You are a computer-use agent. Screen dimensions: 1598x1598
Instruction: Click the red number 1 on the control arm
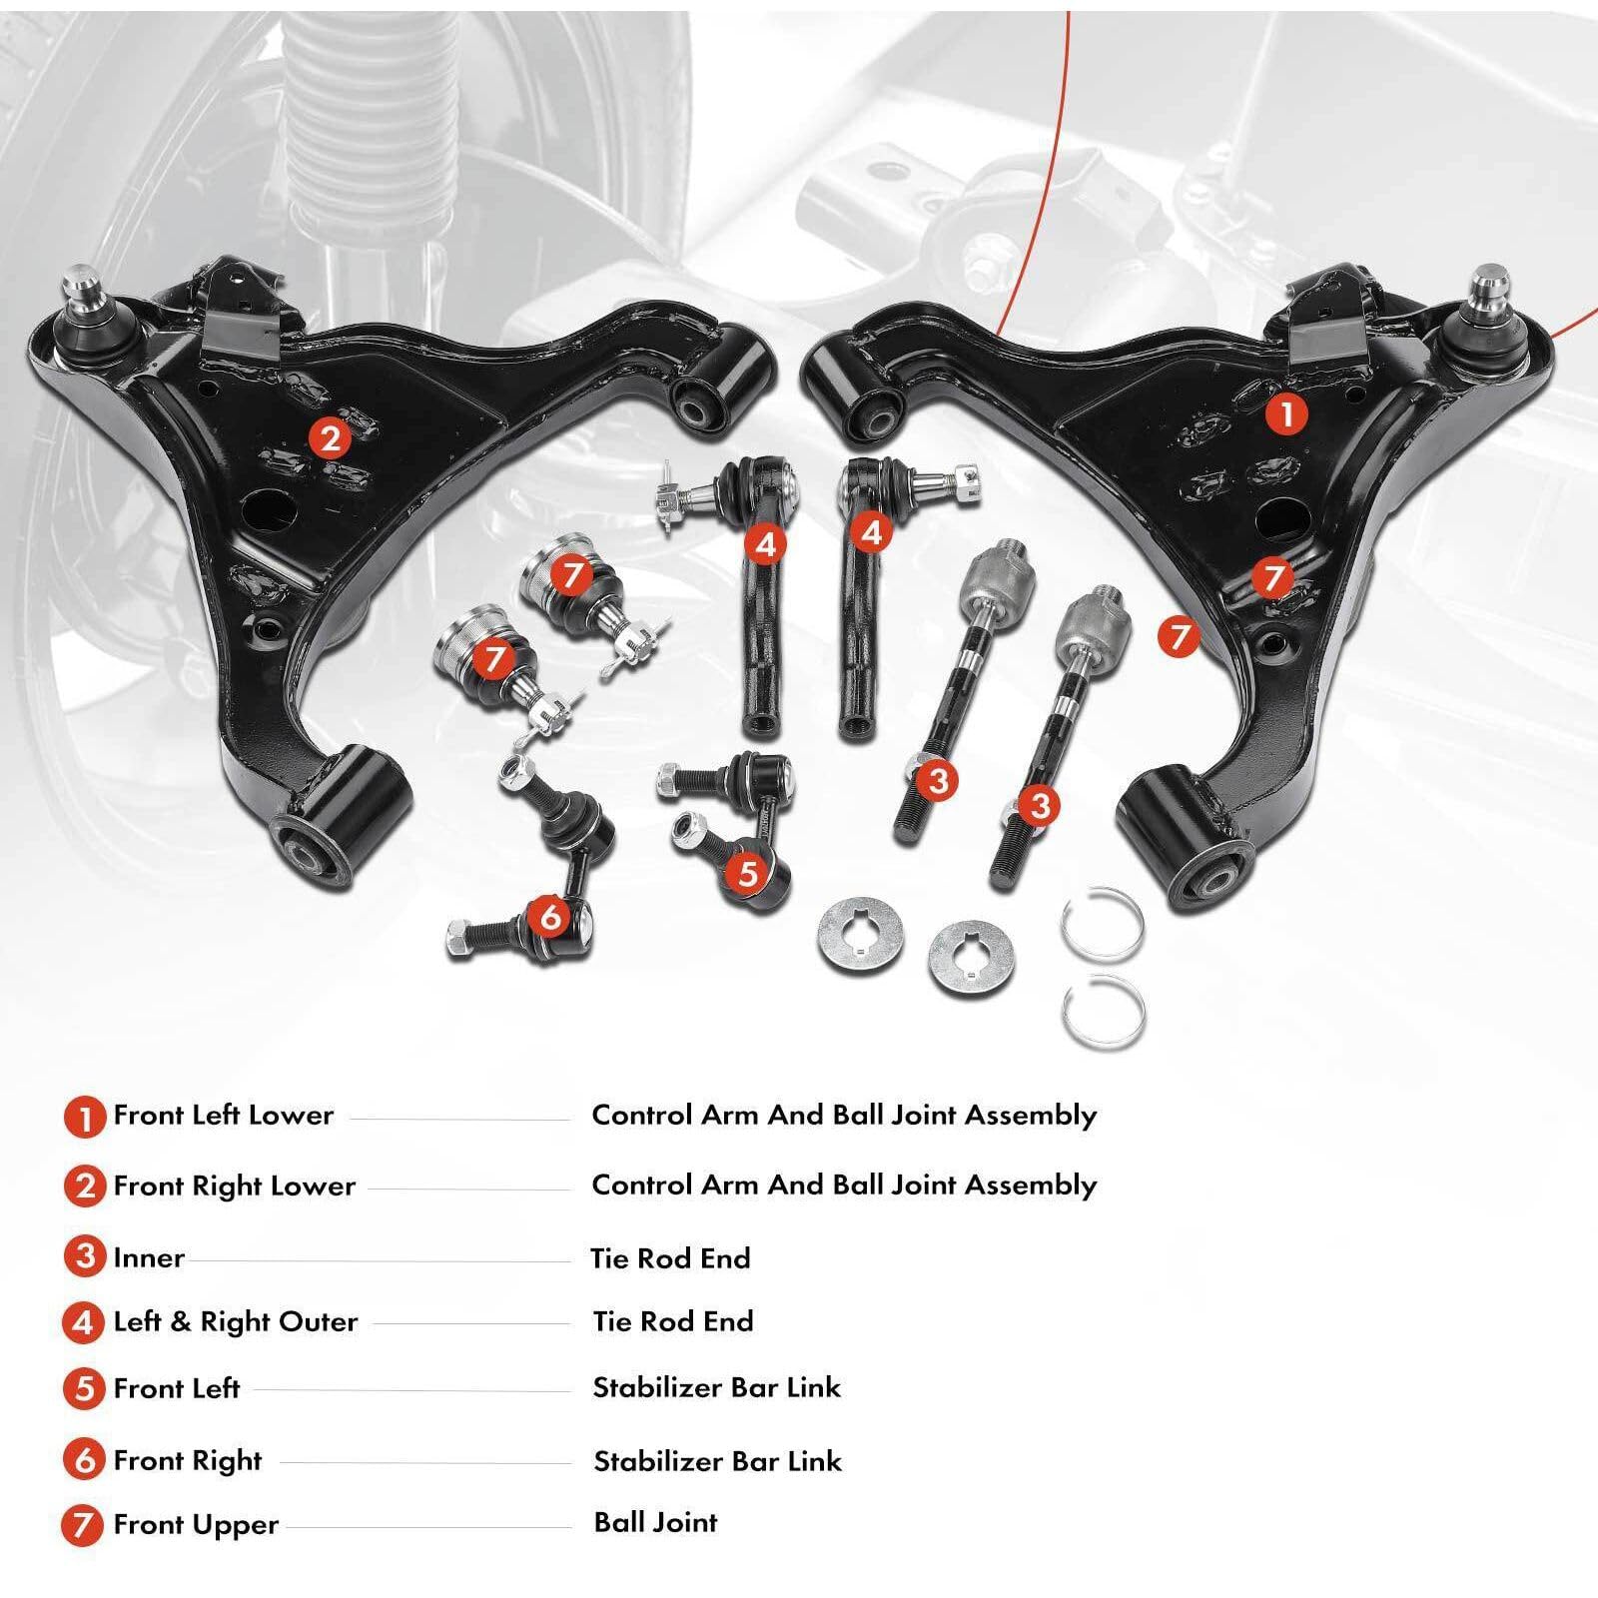[x=1286, y=412]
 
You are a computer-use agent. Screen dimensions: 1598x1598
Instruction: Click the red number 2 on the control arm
[x=331, y=437]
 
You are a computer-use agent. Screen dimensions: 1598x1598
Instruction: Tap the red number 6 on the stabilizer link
[x=551, y=915]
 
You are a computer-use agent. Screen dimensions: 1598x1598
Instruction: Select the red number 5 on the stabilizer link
[x=748, y=873]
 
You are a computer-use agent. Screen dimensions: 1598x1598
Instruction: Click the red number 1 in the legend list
[x=84, y=1117]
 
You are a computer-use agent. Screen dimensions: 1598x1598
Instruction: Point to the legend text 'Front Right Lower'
[x=234, y=1186]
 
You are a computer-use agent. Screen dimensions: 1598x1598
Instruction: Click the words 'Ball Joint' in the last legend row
[x=655, y=1522]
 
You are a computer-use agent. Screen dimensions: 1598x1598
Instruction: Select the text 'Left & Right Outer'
[x=235, y=1321]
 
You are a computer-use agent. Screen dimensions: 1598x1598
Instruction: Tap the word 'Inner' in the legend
[x=148, y=1257]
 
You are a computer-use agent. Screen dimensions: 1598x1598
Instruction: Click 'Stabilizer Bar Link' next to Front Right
[x=717, y=1461]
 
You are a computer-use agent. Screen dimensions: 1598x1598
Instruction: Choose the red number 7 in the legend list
[x=84, y=1526]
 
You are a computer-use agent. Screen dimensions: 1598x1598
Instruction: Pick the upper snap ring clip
[x=1103, y=924]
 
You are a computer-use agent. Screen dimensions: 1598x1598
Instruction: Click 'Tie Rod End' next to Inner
[x=670, y=1258]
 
